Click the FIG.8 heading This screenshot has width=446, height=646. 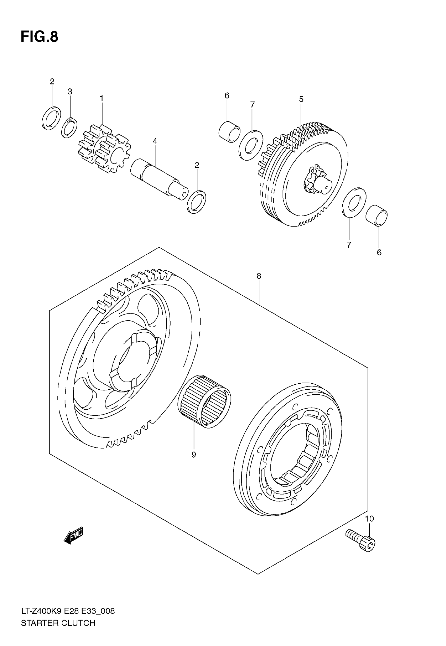tap(39, 37)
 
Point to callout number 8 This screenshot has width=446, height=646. tap(259, 276)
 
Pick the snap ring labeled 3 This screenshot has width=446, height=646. tap(69, 128)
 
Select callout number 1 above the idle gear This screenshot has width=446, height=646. tap(102, 99)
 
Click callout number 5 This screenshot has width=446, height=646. tap(301, 99)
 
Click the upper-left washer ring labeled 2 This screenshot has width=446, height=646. tap(51, 118)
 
